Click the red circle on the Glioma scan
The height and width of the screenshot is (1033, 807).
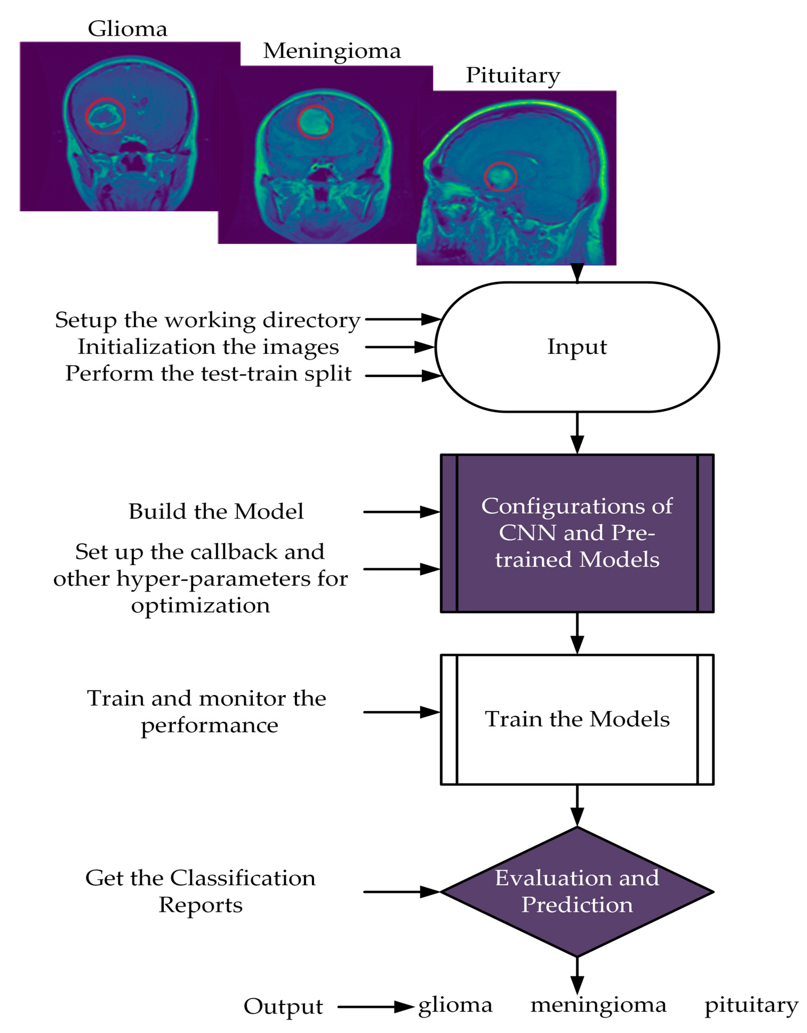pyautogui.click(x=106, y=116)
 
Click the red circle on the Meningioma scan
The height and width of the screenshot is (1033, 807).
pyautogui.click(x=315, y=122)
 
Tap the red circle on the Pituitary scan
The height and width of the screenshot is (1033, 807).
pyautogui.click(x=500, y=176)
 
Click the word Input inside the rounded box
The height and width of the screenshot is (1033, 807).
pyautogui.click(x=577, y=347)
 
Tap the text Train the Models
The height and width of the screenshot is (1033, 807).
pyautogui.click(x=577, y=719)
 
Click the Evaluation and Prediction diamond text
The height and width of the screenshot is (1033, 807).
pyautogui.click(x=577, y=891)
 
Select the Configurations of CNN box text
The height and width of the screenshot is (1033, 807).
pyautogui.click(x=577, y=533)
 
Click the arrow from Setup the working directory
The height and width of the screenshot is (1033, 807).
pyautogui.click(x=402, y=319)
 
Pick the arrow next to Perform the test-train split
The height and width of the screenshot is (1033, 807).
pyautogui.click(x=402, y=376)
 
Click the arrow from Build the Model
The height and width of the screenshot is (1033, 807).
pyautogui.click(x=401, y=512)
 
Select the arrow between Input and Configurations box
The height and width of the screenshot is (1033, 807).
pyautogui.click(x=577, y=433)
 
